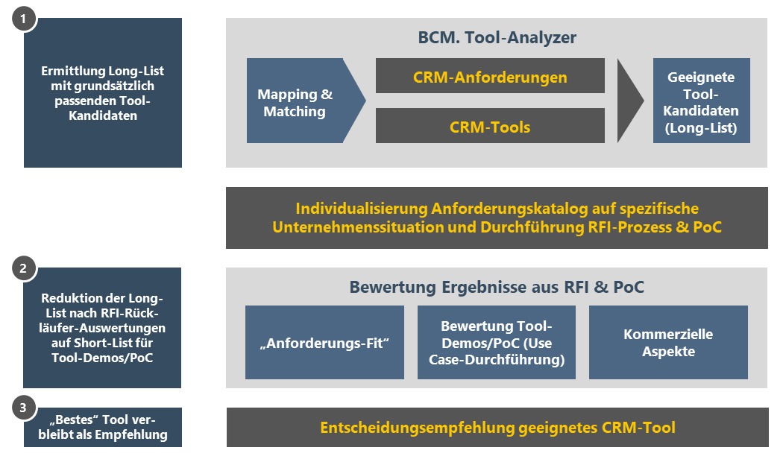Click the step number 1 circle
(x=24, y=20)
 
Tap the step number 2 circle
(x=24, y=269)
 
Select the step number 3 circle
(x=24, y=407)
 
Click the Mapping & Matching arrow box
(x=298, y=103)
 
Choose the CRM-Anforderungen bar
(x=490, y=77)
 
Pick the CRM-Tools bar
(x=490, y=127)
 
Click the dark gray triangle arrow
(x=630, y=101)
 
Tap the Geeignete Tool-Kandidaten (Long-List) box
(x=701, y=102)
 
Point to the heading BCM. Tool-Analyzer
(x=497, y=37)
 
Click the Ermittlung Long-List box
(x=103, y=93)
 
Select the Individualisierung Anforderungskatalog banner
(x=497, y=218)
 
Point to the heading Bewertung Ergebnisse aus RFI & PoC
(x=497, y=287)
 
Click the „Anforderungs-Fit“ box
(x=324, y=343)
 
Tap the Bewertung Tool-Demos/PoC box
(x=497, y=343)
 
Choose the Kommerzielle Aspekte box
(x=668, y=343)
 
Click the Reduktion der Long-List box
(x=103, y=328)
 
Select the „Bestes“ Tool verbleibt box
(x=103, y=427)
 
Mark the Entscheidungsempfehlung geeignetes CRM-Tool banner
(x=497, y=428)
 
